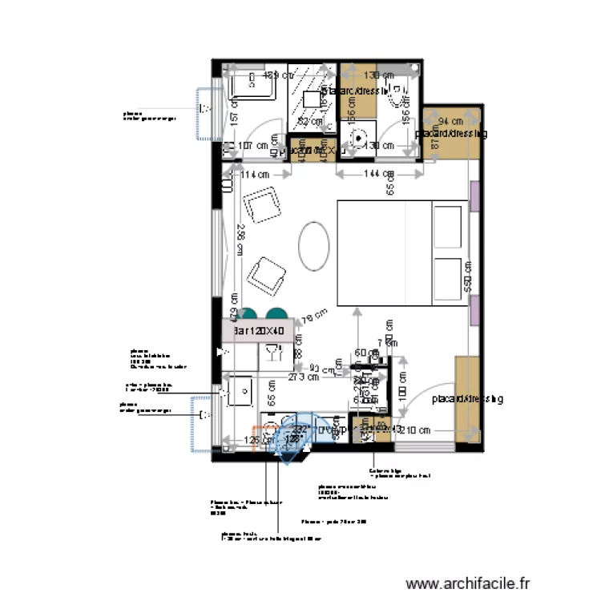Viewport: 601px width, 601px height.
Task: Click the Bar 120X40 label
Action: (254, 330)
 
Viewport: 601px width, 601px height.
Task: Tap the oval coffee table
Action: (314, 246)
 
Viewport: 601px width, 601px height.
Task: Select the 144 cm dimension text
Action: (378, 174)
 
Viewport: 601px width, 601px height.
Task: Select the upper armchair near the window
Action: (263, 206)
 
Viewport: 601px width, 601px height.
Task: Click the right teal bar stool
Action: (276, 313)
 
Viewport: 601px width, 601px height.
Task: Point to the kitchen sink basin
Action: (240, 392)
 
